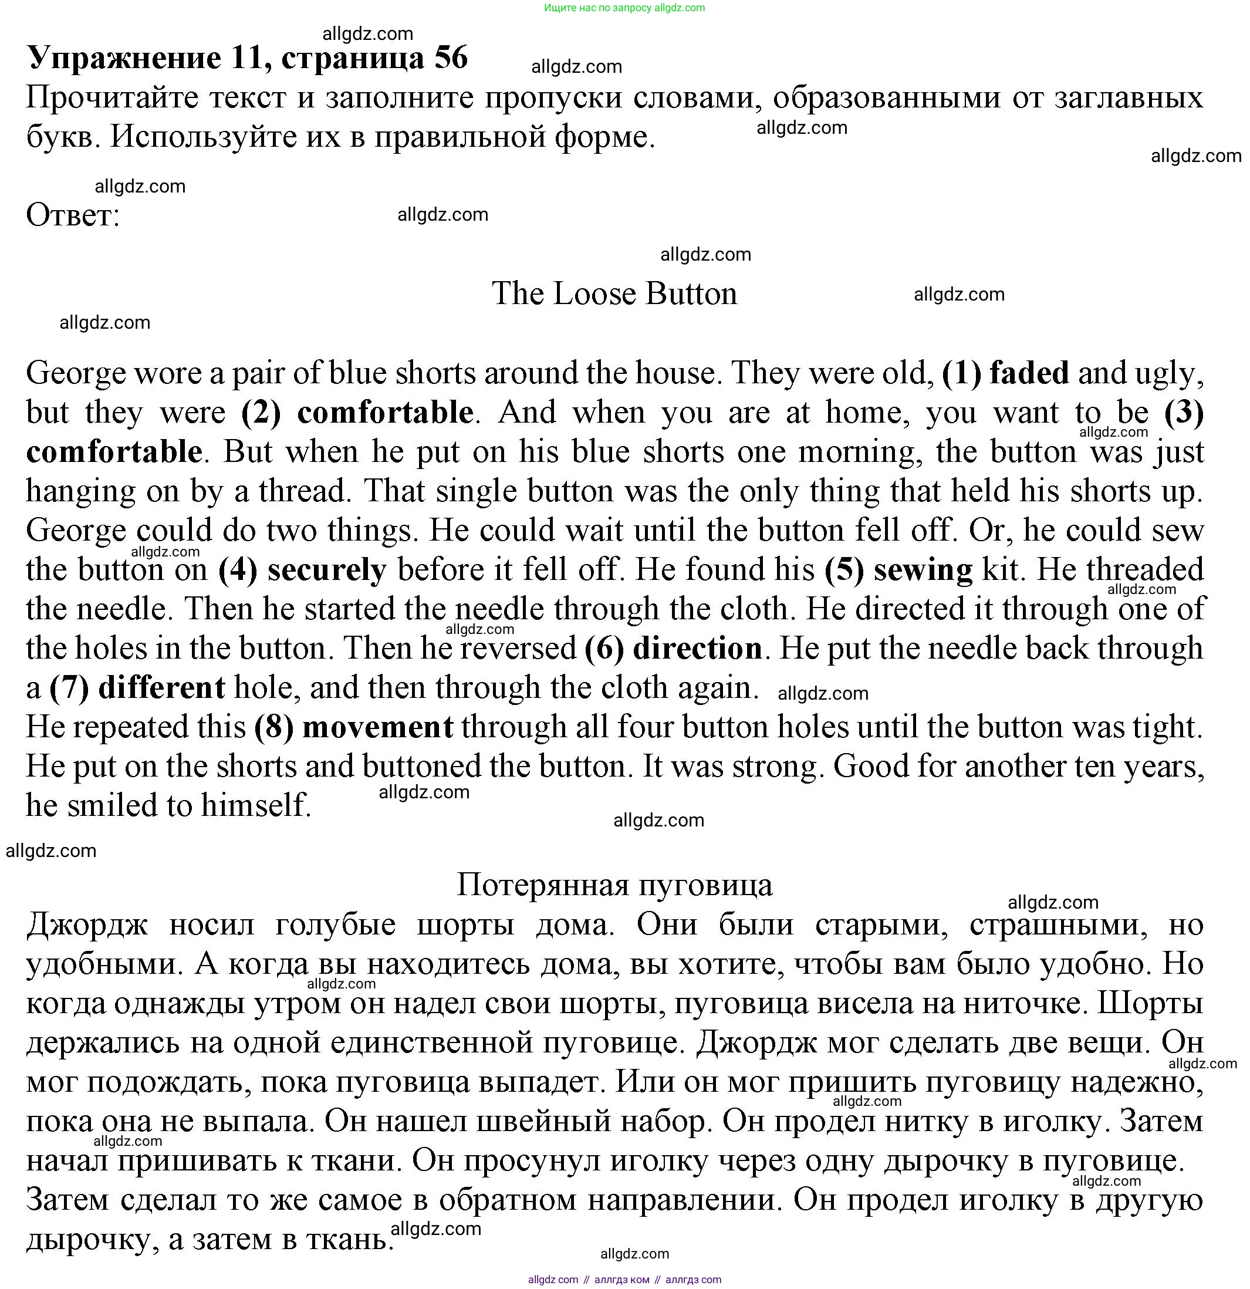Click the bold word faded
coord(1029,373)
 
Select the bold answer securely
coord(327,569)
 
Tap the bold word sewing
coord(923,569)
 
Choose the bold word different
coord(161,688)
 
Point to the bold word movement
coord(377,727)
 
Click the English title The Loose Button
coord(614,293)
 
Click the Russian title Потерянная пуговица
coord(614,885)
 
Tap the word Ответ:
coord(73,215)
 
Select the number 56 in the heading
coord(451,58)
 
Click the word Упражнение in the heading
coord(124,58)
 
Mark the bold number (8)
coord(273,727)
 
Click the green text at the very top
coord(624,8)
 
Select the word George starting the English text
coord(76,373)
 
